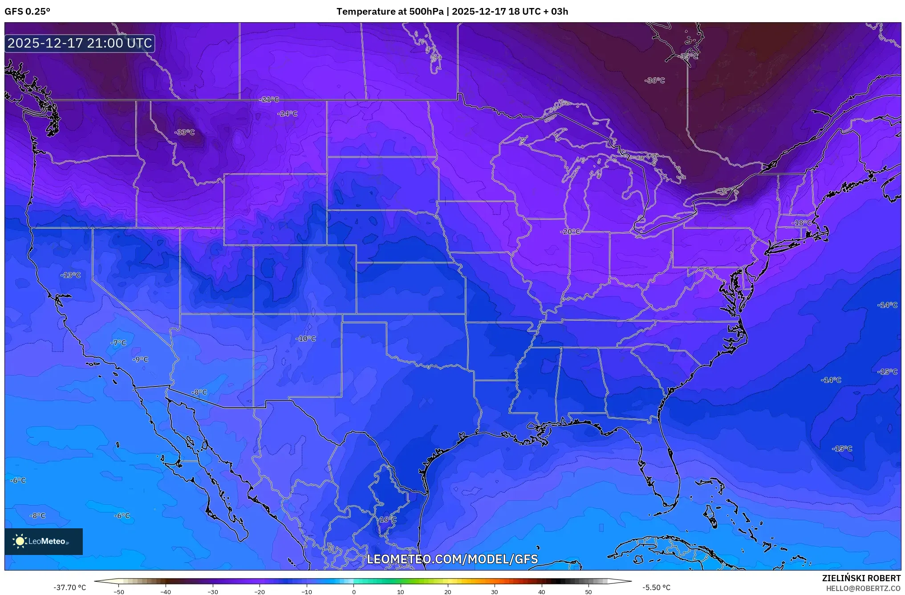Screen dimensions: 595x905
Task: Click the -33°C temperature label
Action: [x=184, y=132]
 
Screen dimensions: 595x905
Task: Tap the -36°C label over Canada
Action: [x=654, y=80]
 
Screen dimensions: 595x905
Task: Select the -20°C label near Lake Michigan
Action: [x=570, y=232]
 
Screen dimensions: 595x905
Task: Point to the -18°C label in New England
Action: [x=802, y=223]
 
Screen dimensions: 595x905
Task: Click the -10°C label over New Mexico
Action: [x=305, y=338]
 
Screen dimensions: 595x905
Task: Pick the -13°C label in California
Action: [x=70, y=275]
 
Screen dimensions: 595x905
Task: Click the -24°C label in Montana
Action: [x=287, y=113]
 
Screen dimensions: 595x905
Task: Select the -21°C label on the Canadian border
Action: [x=269, y=99]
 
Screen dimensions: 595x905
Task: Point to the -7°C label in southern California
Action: [x=118, y=343]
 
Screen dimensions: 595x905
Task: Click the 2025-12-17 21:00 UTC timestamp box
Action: [x=80, y=43]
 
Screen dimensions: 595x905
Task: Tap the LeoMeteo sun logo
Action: [x=20, y=541]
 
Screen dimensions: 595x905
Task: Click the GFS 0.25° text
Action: [x=27, y=12]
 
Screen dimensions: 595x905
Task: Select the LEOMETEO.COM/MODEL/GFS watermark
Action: [x=452, y=559]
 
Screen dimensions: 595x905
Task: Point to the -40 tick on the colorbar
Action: [x=166, y=591]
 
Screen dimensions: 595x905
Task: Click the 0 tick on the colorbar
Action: [x=354, y=591]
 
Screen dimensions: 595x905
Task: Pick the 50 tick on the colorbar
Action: [x=588, y=591]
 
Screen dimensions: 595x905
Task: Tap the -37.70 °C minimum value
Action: [x=70, y=587]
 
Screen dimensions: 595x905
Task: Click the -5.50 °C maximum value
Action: [x=656, y=587]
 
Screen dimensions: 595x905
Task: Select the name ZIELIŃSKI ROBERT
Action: [x=861, y=578]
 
